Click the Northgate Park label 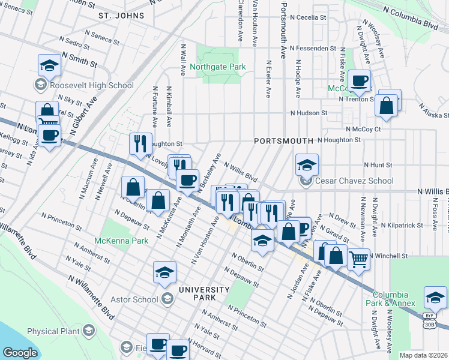(x=218, y=67)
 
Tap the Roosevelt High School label (x=91, y=85)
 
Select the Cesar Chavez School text (x=349, y=182)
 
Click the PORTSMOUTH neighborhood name (x=283, y=140)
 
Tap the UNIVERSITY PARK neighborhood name (x=203, y=294)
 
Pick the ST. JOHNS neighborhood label (x=122, y=14)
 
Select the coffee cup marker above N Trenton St (x=360, y=80)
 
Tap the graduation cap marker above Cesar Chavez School (x=307, y=164)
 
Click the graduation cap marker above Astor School (x=164, y=272)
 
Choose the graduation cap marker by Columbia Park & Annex (x=435, y=297)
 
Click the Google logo (x=20, y=352)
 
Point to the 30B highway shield (x=429, y=324)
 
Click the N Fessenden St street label (x=312, y=48)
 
